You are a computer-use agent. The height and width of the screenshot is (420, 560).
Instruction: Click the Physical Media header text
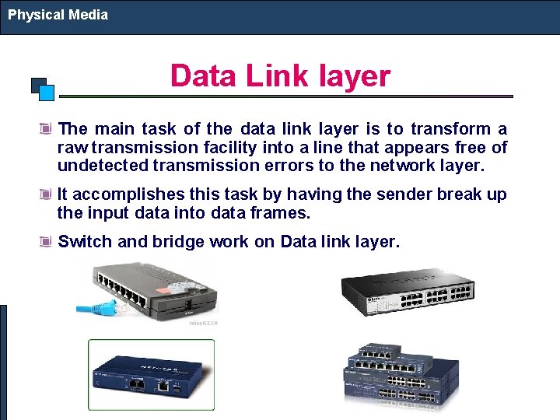[x=58, y=15]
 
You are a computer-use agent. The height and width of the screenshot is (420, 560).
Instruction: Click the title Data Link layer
[x=280, y=76]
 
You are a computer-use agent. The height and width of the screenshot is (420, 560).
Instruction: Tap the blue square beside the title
[x=46, y=93]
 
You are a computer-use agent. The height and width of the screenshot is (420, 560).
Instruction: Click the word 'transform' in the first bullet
[x=451, y=129]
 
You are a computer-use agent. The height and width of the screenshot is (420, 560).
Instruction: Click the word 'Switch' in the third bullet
[x=85, y=242]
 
